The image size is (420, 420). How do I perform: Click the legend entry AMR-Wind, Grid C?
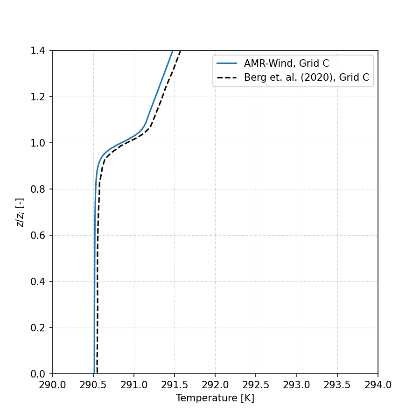click(x=287, y=64)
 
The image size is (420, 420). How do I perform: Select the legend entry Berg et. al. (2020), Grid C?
click(x=307, y=78)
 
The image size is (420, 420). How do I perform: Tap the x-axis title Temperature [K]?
click(x=215, y=398)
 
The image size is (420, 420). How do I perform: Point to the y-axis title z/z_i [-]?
click(x=20, y=212)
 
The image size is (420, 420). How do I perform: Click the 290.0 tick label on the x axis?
click(x=53, y=385)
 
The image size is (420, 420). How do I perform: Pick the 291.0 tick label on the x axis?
click(x=134, y=385)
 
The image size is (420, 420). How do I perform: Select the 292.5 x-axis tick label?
click(x=256, y=385)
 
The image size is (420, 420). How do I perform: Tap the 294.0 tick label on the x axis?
click(x=378, y=385)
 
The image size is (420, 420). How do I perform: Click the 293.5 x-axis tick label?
click(x=337, y=385)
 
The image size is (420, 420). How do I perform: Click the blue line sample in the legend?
click(x=227, y=64)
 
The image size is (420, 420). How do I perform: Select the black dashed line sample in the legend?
click(x=227, y=78)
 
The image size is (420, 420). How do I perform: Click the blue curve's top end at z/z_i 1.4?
click(x=173, y=51)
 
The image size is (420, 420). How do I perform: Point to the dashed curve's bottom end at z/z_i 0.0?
click(x=97, y=373)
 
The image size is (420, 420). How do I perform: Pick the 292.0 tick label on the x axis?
click(x=215, y=385)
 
